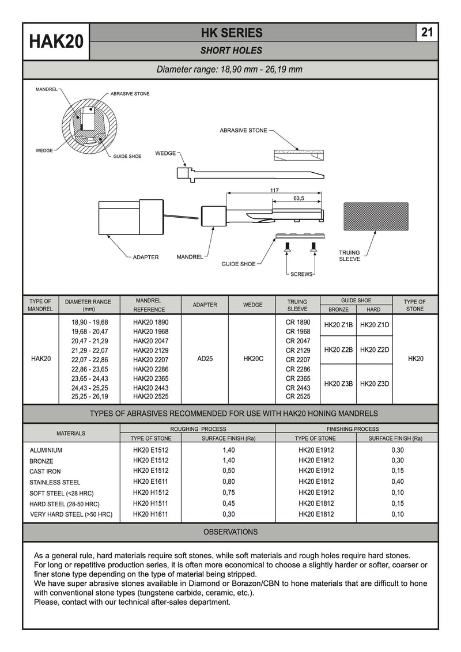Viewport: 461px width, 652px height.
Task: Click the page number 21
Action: (x=427, y=32)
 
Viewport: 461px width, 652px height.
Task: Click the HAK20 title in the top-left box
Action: (x=56, y=41)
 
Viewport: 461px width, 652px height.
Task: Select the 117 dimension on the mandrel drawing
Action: (x=274, y=191)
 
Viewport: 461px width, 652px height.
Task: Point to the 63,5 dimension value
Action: (x=298, y=199)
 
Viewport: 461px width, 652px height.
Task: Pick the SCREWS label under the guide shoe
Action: (x=301, y=274)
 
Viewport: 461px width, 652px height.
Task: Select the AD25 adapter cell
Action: (x=205, y=358)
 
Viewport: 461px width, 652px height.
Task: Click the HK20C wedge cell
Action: (x=253, y=358)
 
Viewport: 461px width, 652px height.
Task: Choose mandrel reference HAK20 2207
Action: (x=150, y=359)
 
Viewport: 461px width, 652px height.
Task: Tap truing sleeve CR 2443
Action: (x=298, y=388)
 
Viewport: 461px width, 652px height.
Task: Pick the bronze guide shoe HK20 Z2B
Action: (x=338, y=350)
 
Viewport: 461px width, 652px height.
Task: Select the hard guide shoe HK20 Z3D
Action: (x=375, y=384)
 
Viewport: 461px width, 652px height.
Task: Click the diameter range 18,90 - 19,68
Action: (x=89, y=322)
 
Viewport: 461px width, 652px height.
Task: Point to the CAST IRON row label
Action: (x=45, y=471)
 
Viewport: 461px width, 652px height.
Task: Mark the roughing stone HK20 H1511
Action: (x=150, y=503)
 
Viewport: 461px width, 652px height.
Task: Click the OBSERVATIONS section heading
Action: (x=231, y=532)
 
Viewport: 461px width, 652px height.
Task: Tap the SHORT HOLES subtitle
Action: (x=231, y=51)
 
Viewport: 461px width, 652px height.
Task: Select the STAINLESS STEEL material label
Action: (x=55, y=482)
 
